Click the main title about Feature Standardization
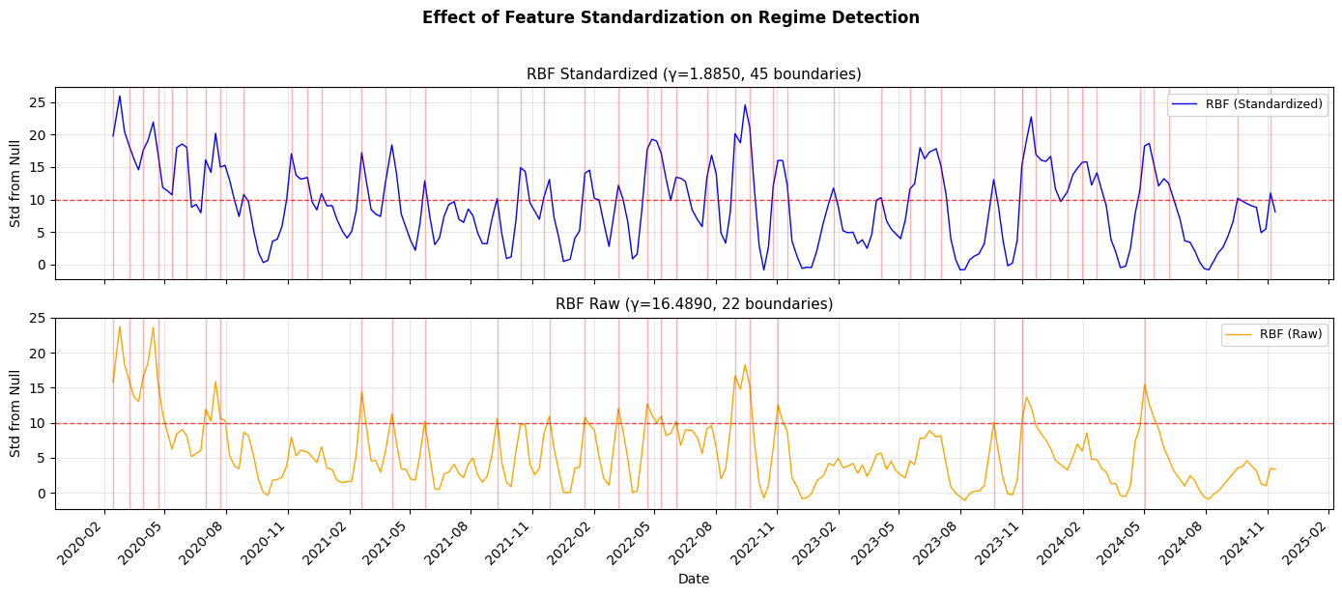tap(671, 17)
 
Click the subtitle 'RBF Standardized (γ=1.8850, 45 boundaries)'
tap(694, 74)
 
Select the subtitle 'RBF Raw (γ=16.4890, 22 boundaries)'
tap(694, 304)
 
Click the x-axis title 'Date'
tap(694, 579)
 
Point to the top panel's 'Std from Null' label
tap(15, 184)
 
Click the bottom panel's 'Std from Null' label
tap(15, 413)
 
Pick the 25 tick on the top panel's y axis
tap(41, 102)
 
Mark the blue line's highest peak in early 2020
tap(120, 96)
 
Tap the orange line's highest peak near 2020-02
tap(120, 326)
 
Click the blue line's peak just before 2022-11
tap(745, 104)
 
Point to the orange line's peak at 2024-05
tap(1145, 384)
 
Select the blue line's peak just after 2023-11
tap(1031, 117)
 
